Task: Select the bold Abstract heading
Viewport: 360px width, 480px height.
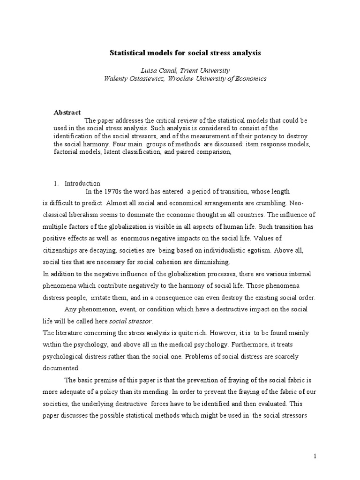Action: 67,112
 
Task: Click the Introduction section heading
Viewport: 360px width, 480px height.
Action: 82,183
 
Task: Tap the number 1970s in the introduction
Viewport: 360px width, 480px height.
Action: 112,191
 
